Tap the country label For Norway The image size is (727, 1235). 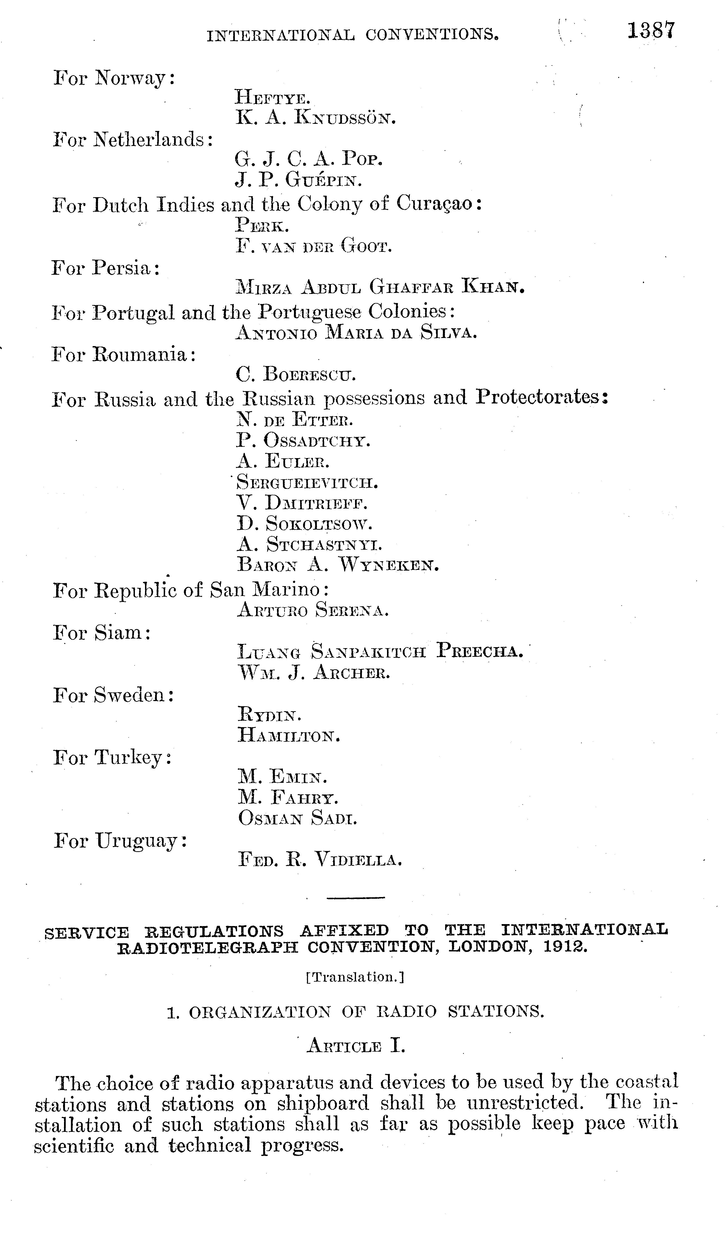tap(114, 78)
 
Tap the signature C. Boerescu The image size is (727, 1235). tap(296, 375)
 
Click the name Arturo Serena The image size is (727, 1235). tap(313, 610)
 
